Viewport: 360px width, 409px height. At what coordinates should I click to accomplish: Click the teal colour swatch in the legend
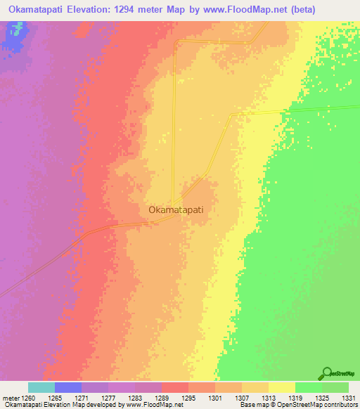[x=41, y=387]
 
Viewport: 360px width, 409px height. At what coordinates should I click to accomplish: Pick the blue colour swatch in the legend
[x=67, y=387]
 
